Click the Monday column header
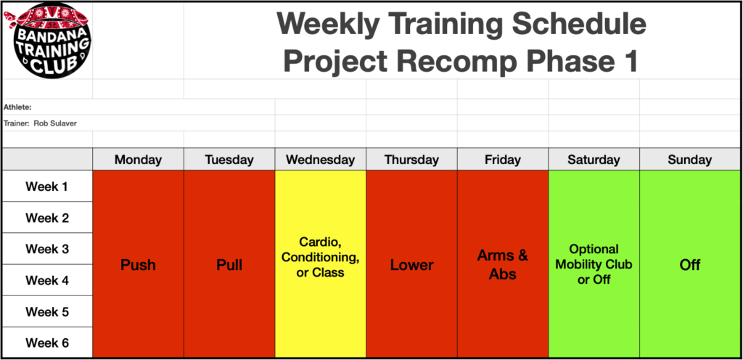[138, 160]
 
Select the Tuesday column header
[229, 160]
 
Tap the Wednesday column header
[320, 160]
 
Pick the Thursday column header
[411, 160]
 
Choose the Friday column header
[503, 160]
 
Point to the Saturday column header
[594, 160]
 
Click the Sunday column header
[689, 160]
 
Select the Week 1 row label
[46, 187]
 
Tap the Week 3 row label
[46, 249]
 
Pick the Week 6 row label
[46, 343]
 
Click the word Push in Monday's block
[138, 265]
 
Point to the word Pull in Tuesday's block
[229, 265]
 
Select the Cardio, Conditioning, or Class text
[320, 257]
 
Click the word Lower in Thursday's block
[411, 265]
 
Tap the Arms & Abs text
[503, 264]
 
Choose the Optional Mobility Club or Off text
[594, 264]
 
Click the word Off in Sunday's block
[689, 265]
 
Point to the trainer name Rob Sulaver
[55, 123]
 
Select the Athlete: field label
[17, 107]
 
